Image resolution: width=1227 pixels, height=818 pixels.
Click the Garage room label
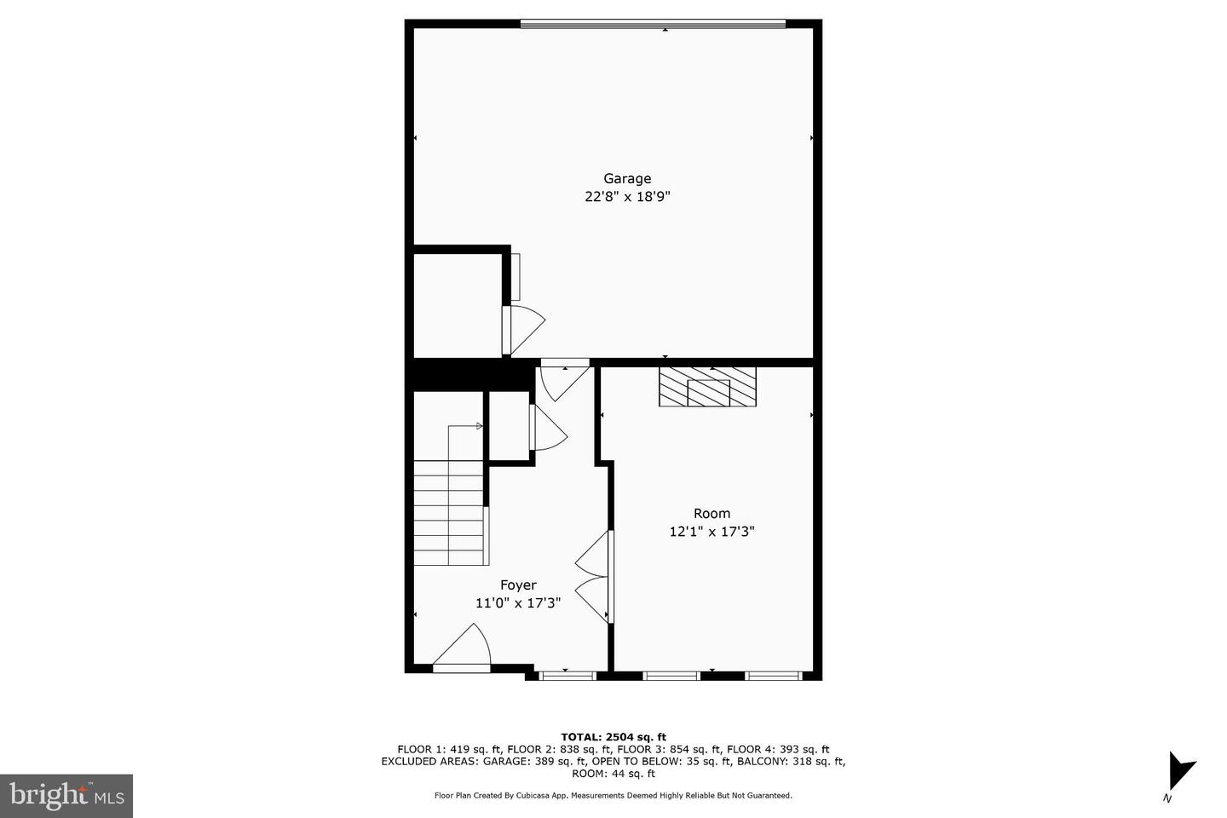tap(627, 179)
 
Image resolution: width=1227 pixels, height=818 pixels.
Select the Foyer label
tap(518, 585)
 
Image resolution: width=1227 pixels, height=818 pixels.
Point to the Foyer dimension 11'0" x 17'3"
tap(518, 603)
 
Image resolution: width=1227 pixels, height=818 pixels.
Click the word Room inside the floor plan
tap(711, 514)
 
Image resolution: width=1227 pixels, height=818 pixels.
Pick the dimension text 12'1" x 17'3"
tap(711, 532)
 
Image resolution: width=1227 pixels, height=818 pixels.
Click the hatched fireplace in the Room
tap(707, 387)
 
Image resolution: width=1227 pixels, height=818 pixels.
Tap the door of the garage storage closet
tap(521, 329)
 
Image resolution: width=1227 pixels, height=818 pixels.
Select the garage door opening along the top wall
tap(653, 24)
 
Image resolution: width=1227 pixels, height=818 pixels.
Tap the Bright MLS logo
tap(66, 796)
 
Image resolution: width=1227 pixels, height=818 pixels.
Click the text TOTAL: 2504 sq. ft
tap(613, 737)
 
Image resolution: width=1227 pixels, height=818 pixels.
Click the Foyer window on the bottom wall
tap(567, 676)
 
